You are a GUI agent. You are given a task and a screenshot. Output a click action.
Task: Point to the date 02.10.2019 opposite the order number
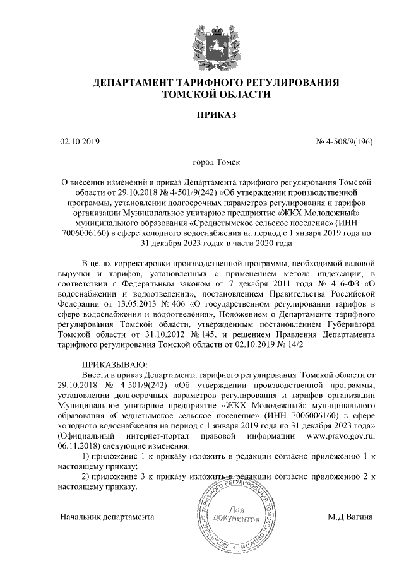tap(79, 141)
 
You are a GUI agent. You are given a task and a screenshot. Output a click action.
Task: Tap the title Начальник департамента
tap(107, 517)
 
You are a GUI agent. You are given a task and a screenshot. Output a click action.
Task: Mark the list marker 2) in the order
tap(88, 476)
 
